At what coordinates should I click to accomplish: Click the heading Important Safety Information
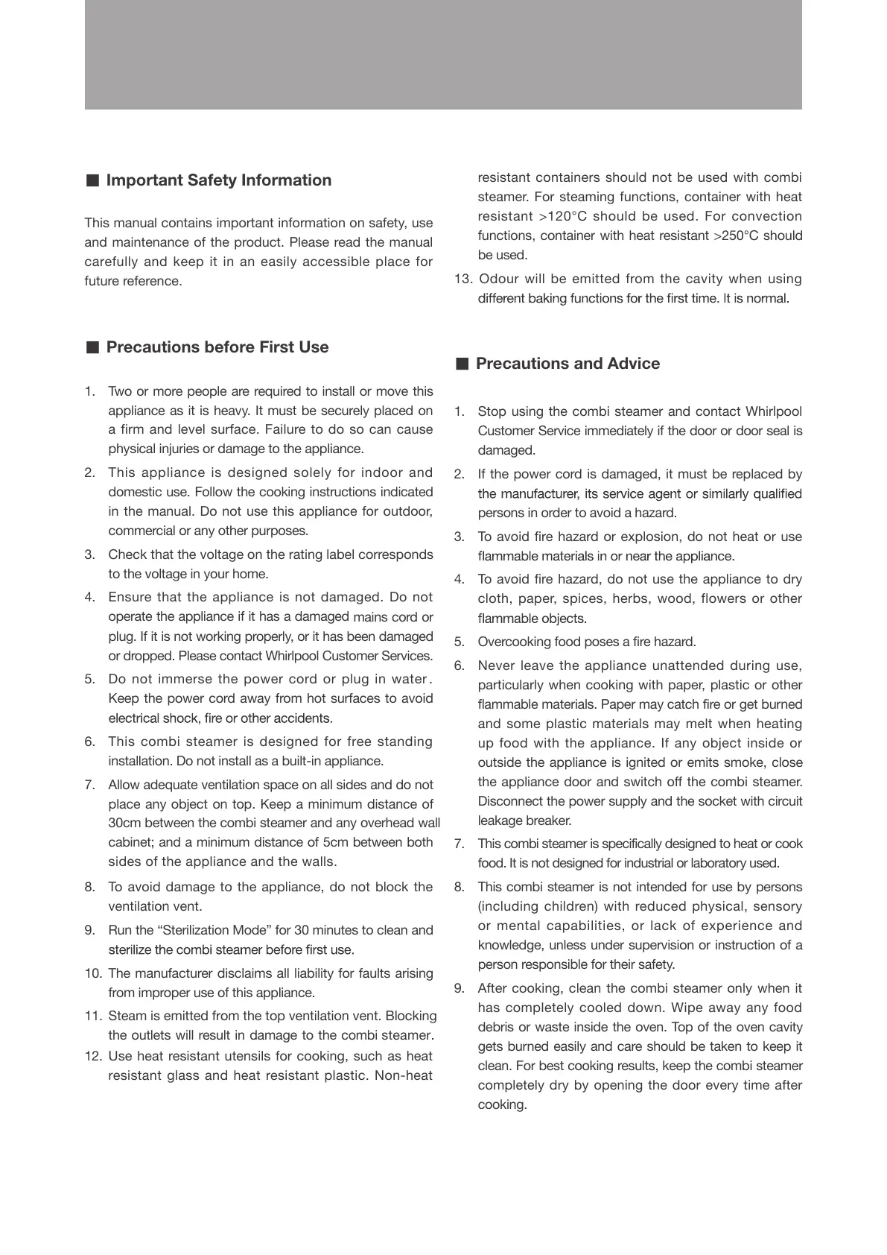pos(218,180)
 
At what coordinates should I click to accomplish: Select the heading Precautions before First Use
pos(217,347)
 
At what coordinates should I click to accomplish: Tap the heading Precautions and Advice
pos(568,364)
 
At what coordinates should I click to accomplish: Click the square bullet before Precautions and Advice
pos(462,364)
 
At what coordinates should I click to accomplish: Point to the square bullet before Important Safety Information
pos(92,180)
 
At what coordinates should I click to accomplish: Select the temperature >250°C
pos(735,235)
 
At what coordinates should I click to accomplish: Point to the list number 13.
pos(463,279)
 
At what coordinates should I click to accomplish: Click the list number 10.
pos(93,973)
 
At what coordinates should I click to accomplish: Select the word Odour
pos(497,279)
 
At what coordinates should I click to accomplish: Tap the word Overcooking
pos(510,642)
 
